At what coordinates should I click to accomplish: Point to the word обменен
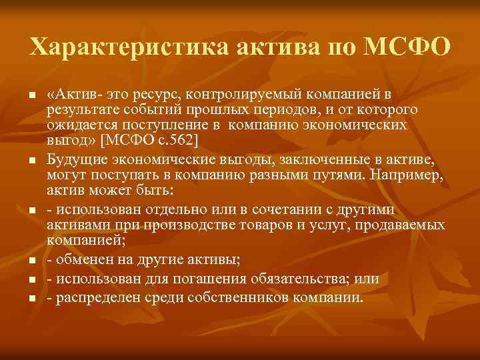86,261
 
